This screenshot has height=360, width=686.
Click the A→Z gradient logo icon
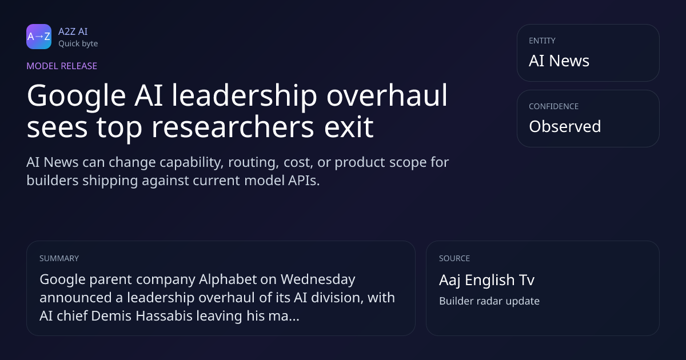pyautogui.click(x=39, y=37)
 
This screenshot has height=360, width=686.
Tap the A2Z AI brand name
pyautogui.click(x=73, y=31)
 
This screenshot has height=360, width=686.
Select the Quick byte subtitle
pyautogui.click(x=78, y=44)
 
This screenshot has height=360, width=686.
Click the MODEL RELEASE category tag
pyautogui.click(x=62, y=66)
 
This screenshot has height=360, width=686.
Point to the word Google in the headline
pyautogui.click(x=76, y=97)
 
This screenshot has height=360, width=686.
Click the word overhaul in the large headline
pyautogui.click(x=387, y=95)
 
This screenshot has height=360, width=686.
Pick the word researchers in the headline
pyautogui.click(x=233, y=127)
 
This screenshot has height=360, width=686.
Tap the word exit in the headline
pyautogui.click(x=349, y=126)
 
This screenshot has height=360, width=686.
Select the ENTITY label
pyautogui.click(x=542, y=41)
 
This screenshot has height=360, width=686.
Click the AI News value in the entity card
pyautogui.click(x=559, y=61)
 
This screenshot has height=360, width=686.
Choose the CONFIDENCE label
pyautogui.click(x=554, y=106)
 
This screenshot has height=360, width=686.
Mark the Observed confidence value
pyautogui.click(x=565, y=126)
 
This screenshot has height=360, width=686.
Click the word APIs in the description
pyautogui.click(x=304, y=181)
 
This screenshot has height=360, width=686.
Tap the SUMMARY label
pyautogui.click(x=59, y=258)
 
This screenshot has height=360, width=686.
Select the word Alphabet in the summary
pyautogui.click(x=228, y=279)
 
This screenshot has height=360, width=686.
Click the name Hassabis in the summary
pyautogui.click(x=164, y=316)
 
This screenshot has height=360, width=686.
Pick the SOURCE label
pyautogui.click(x=454, y=258)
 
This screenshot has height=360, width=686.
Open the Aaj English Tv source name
pyautogui.click(x=487, y=280)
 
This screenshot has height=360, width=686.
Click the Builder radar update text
pyautogui.click(x=489, y=301)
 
